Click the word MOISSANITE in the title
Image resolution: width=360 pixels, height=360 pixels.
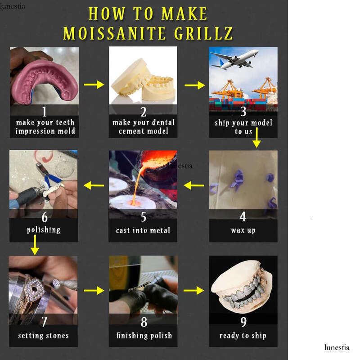pyautogui.click(x=115, y=33)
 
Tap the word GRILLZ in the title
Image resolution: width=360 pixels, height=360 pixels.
pyautogui.click(x=203, y=33)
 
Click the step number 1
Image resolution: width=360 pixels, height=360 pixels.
pyautogui.click(x=44, y=111)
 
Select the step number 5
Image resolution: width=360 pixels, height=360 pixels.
pyautogui.click(x=143, y=217)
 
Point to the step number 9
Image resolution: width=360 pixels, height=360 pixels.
pyautogui.click(x=243, y=322)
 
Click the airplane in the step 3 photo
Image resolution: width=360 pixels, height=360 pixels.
pyautogui.click(x=234, y=59)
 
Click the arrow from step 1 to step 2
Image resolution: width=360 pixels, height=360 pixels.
pyautogui.click(x=94, y=85)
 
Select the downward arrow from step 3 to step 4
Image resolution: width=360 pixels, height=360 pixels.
pyautogui.click(x=256, y=137)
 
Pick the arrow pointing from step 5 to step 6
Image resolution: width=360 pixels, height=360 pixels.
pyautogui.click(x=94, y=185)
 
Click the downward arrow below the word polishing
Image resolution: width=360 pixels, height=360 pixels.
pyautogui.click(x=35, y=245)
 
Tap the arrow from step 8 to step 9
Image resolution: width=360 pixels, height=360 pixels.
pyautogui.click(x=194, y=290)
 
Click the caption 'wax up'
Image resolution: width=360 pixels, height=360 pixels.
pyautogui.click(x=243, y=230)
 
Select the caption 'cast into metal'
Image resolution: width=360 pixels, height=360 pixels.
pyautogui.click(x=143, y=230)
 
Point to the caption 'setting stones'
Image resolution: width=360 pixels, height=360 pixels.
pyautogui.click(x=43, y=336)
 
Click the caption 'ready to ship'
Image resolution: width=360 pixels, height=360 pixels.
pyautogui.click(x=243, y=336)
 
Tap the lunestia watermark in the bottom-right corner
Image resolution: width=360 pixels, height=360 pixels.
pyautogui.click(x=337, y=347)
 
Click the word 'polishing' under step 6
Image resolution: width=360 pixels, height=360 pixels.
pyautogui.click(x=44, y=230)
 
